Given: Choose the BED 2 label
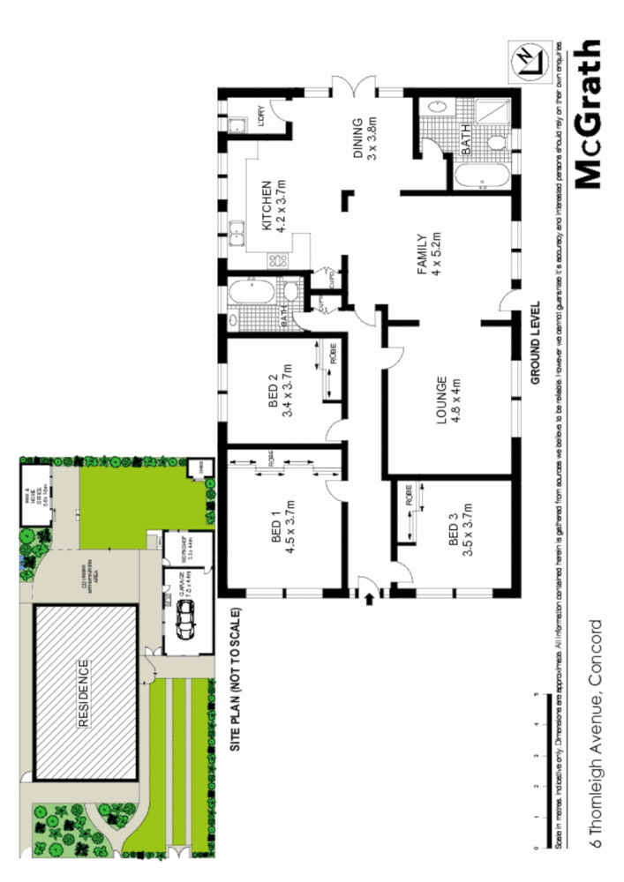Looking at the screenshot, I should [280, 395].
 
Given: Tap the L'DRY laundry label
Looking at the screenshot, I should [262, 116].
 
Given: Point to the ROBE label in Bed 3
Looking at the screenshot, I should [410, 494].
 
